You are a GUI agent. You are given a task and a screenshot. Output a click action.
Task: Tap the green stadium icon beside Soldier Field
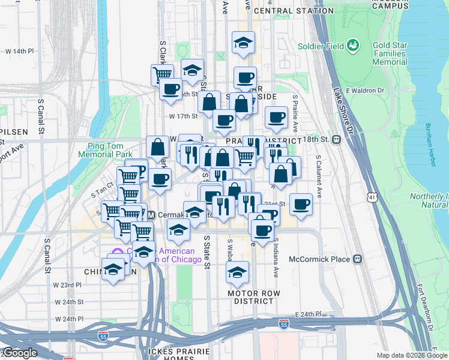click(x=353, y=45)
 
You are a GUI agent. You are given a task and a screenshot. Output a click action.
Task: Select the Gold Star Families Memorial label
click(x=390, y=53)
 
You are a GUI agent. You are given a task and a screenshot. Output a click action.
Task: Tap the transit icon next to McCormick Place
click(x=358, y=259)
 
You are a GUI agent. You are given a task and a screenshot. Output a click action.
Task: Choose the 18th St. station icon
click(x=337, y=139)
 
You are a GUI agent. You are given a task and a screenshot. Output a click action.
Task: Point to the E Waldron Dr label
click(x=364, y=90)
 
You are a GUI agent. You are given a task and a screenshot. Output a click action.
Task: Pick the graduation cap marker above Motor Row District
click(x=238, y=272)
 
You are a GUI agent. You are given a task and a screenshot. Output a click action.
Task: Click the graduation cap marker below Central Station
click(x=243, y=43)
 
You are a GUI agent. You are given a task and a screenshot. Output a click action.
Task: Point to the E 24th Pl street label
click(x=309, y=314)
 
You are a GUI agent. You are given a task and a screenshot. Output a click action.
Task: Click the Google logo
click(x=20, y=353)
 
